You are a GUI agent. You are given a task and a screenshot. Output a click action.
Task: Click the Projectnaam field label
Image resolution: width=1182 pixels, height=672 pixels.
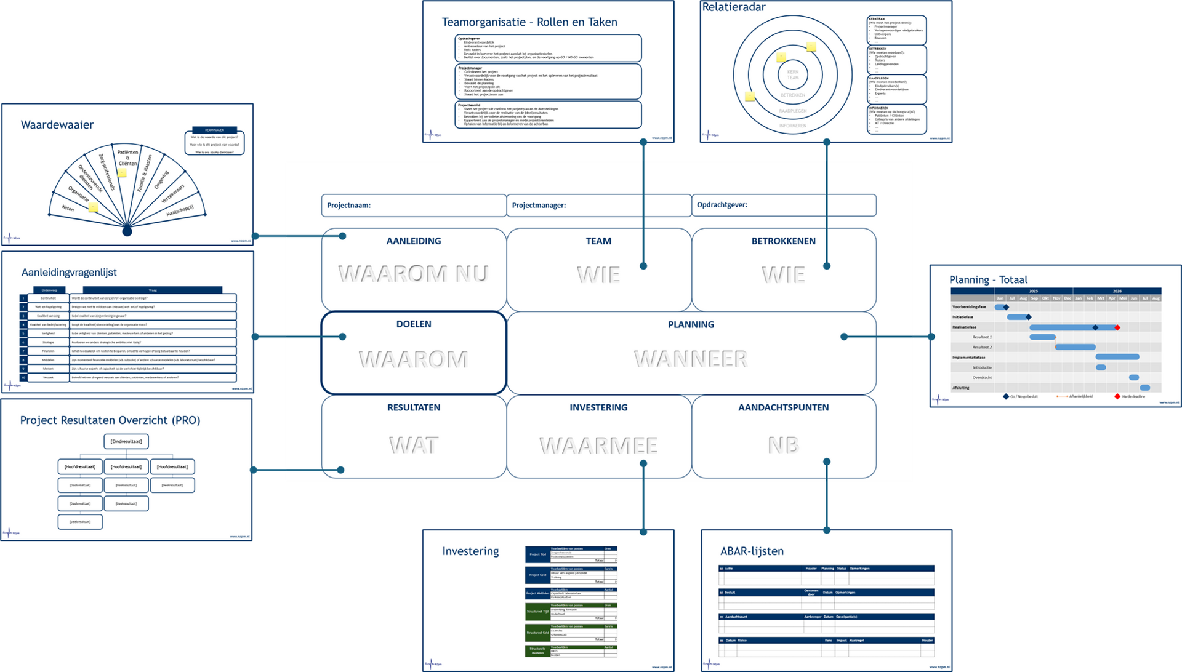[x=348, y=206]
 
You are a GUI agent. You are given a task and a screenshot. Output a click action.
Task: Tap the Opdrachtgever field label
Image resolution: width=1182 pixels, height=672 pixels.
[x=722, y=205]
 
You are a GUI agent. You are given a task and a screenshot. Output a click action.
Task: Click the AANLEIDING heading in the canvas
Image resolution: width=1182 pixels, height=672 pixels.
[x=414, y=241]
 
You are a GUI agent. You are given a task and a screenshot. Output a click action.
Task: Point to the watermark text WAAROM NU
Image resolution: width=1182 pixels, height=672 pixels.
[x=413, y=274]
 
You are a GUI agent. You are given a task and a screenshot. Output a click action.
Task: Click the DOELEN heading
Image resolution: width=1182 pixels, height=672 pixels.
[x=414, y=324]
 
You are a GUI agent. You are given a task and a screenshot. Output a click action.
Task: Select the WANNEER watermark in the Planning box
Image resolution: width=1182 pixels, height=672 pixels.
[x=691, y=359]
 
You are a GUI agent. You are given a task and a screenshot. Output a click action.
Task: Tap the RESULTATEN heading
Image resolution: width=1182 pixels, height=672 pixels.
[x=414, y=407]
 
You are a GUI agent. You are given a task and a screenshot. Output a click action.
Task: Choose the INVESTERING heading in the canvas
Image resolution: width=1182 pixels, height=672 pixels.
[x=598, y=407]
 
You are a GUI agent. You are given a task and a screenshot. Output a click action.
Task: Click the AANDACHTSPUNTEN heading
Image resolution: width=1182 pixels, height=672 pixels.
[x=783, y=407]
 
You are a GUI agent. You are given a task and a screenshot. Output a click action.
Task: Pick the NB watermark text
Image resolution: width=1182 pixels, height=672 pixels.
[x=783, y=445]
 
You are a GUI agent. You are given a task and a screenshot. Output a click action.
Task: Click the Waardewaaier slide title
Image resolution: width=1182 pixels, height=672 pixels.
[x=57, y=125]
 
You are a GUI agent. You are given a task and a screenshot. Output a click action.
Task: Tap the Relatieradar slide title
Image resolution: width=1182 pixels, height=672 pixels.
[x=734, y=7]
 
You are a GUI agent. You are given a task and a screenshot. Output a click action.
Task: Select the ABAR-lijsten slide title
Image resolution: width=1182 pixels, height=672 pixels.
[x=752, y=551]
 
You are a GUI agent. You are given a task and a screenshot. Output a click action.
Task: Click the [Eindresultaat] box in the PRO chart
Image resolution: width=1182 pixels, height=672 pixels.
[x=126, y=441]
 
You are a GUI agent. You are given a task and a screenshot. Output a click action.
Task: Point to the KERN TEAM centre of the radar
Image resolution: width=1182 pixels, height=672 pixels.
[x=793, y=74]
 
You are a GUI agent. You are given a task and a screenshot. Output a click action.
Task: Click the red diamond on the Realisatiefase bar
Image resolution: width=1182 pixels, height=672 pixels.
[x=1117, y=327]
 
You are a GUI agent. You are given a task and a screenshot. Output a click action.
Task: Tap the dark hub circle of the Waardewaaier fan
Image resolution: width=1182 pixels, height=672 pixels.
[x=127, y=231]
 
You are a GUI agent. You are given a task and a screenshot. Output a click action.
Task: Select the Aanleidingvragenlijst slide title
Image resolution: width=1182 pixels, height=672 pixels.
[x=69, y=273]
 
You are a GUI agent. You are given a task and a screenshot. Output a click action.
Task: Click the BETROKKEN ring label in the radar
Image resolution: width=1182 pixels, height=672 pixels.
[x=793, y=95]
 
